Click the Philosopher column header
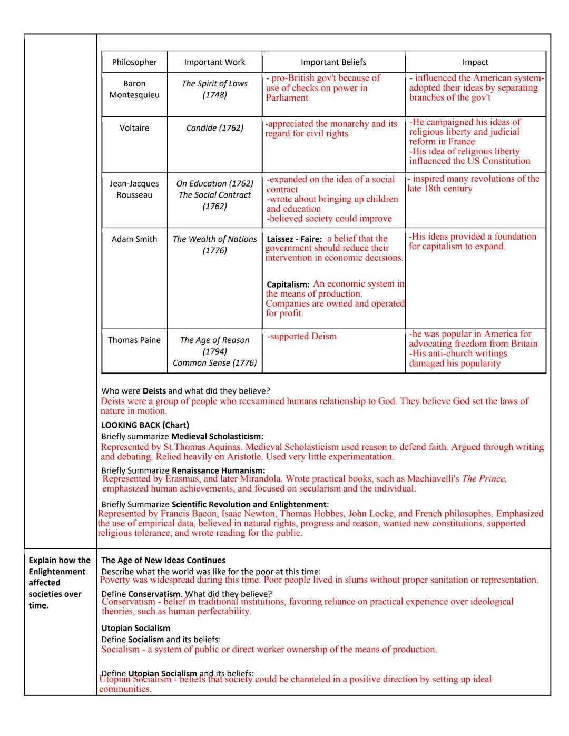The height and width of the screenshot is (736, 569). (x=134, y=62)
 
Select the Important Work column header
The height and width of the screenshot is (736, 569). (x=214, y=62)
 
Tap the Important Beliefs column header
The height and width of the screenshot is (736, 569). (x=333, y=62)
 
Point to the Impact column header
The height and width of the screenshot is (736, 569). (x=475, y=62)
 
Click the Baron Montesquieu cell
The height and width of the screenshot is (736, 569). (x=134, y=89)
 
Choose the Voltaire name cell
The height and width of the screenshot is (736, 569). (x=134, y=128)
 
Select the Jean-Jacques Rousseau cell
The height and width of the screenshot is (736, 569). (x=134, y=189)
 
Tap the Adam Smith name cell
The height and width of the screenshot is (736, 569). (x=134, y=239)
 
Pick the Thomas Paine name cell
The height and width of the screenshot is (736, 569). (x=134, y=340)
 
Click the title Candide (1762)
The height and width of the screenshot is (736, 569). (x=214, y=128)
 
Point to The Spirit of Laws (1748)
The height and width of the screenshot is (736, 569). (x=214, y=89)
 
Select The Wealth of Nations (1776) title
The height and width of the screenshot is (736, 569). (x=214, y=244)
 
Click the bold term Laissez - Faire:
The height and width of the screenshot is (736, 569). (x=294, y=239)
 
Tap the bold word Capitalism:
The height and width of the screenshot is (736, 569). (x=288, y=284)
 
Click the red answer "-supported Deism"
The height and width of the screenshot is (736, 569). (x=302, y=336)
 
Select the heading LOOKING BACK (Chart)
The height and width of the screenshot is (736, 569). (x=145, y=425)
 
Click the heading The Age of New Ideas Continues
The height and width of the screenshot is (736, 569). (x=163, y=561)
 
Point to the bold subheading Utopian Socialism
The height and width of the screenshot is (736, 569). (x=136, y=628)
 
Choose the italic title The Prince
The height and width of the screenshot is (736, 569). (x=484, y=479)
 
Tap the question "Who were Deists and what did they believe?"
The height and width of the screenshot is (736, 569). (x=185, y=391)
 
